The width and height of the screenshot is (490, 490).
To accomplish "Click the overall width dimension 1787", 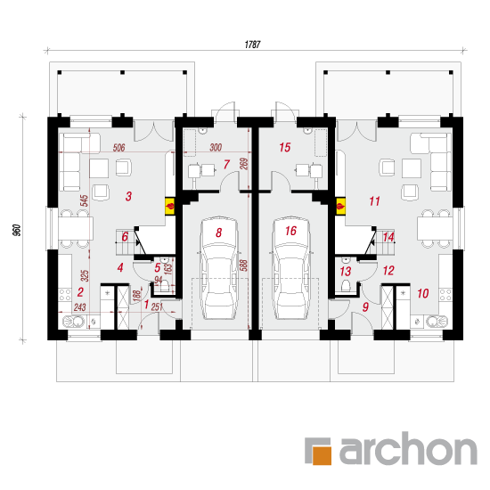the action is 252,45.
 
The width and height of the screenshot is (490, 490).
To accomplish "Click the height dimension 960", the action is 17,230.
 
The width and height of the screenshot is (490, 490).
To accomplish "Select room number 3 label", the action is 128,196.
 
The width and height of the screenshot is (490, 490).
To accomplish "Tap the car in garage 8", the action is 219,267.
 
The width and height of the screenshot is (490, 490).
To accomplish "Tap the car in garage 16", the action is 291,267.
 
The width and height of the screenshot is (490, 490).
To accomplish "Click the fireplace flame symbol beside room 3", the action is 170,207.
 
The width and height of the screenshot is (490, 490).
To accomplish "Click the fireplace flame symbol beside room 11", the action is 340,207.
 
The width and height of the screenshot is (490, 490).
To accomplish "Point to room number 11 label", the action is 374,201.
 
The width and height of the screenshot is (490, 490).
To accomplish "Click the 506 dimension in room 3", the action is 118,148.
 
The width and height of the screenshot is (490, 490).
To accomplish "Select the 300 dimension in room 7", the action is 216,147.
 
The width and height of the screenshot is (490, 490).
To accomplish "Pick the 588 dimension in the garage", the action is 244,265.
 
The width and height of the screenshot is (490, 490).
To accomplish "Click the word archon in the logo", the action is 408,448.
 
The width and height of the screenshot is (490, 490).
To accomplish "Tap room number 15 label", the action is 285,147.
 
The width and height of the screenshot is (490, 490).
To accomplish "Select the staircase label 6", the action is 125,237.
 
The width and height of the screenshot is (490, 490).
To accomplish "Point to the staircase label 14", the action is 388,237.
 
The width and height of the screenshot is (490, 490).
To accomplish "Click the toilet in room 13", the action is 346,286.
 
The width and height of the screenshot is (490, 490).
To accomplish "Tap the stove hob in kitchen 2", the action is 65,295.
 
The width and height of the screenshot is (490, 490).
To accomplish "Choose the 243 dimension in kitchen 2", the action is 79,307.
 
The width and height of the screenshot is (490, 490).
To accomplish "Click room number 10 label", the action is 423,293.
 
